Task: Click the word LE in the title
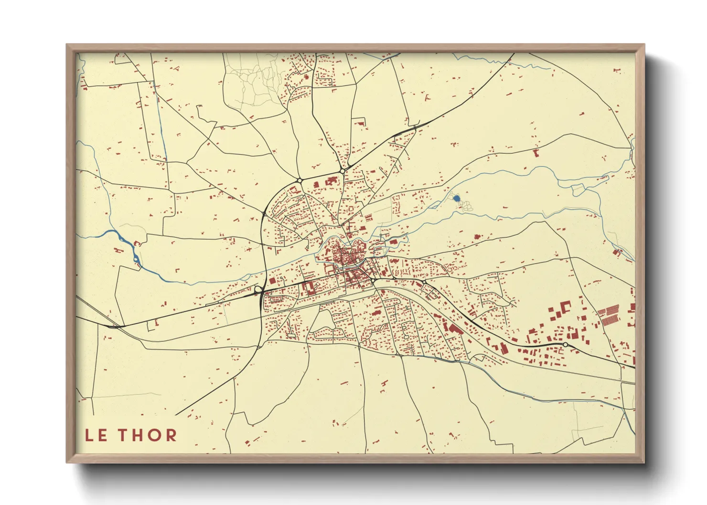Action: pos(96,435)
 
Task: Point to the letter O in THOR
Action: pos(154,435)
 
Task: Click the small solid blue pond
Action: pos(456,198)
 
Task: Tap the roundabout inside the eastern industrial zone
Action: pos(566,344)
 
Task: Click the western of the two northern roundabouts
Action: pos(300,180)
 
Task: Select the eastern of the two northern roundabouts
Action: pos(342,171)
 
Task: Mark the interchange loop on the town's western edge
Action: pos(258,290)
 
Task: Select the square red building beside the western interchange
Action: pos(272,281)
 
